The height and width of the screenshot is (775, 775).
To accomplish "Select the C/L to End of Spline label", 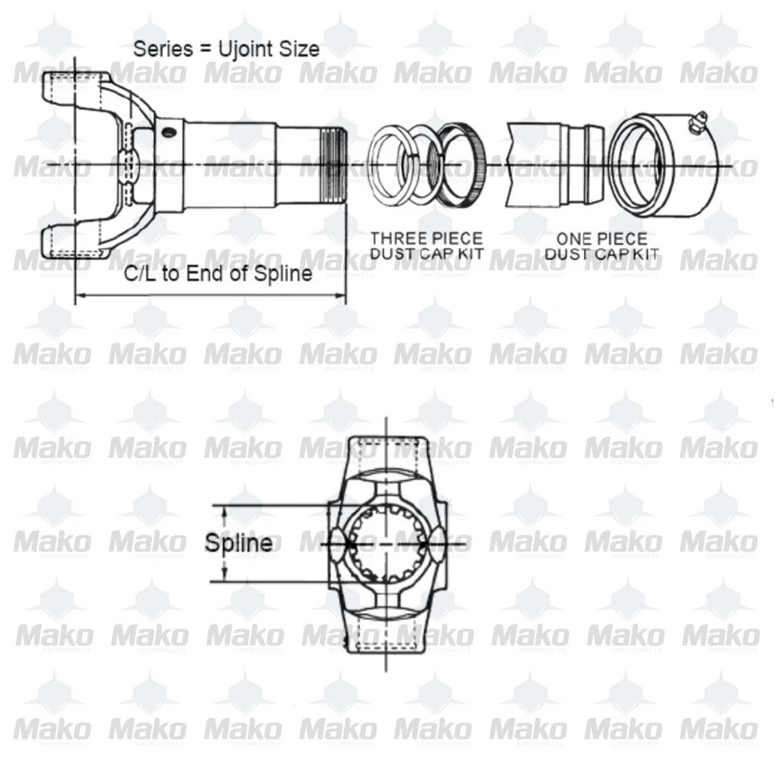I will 217,274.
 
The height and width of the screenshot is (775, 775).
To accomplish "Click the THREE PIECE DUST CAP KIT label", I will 426,246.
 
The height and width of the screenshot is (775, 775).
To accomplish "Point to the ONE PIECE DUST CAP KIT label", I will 601,246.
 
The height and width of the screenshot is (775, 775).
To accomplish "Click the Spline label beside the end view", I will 238,542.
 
